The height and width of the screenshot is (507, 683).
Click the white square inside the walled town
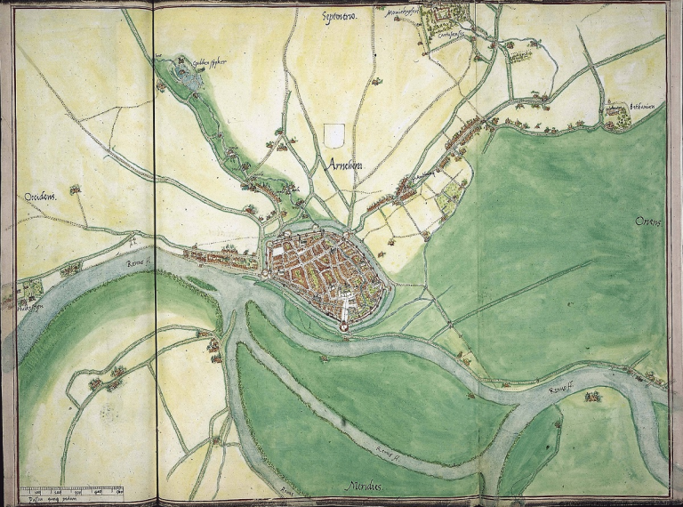click(x=281, y=253)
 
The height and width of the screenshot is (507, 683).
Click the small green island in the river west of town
click(x=200, y=285)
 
